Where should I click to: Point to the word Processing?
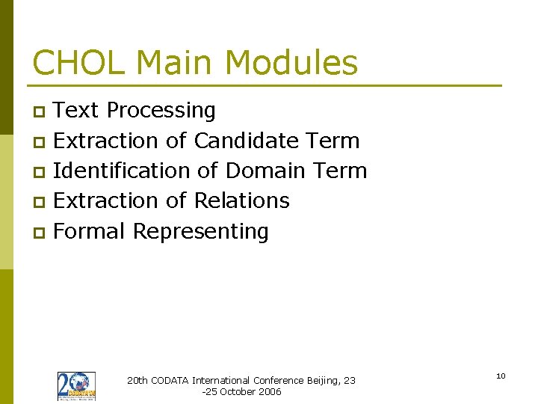click(161, 111)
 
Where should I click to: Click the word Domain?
click(265, 171)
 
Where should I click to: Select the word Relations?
click(241, 201)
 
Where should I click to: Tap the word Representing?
click(200, 232)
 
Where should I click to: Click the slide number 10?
click(501, 376)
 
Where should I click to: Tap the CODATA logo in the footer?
click(76, 386)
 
